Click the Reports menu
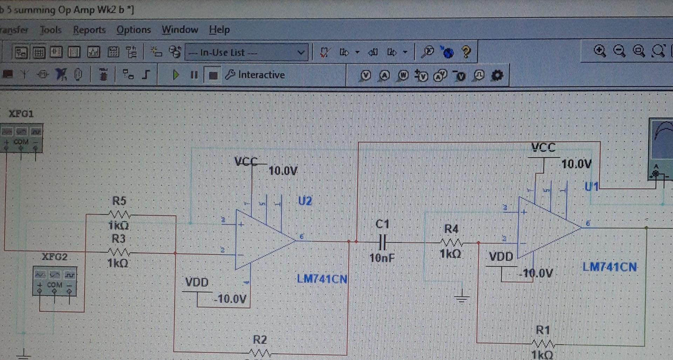[89, 30]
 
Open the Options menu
[134, 30]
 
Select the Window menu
[180, 30]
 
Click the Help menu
[219, 30]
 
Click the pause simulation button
[194, 75]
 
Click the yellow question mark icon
[466, 52]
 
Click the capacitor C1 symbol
[383, 242]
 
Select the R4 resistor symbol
[451, 242]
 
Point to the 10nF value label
[382, 258]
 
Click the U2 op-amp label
[305, 201]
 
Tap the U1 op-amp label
[592, 187]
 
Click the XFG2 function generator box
[55, 280]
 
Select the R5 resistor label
[119, 201]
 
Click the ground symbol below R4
[462, 298]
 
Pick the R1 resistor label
[543, 330]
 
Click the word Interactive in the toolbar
[261, 75]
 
